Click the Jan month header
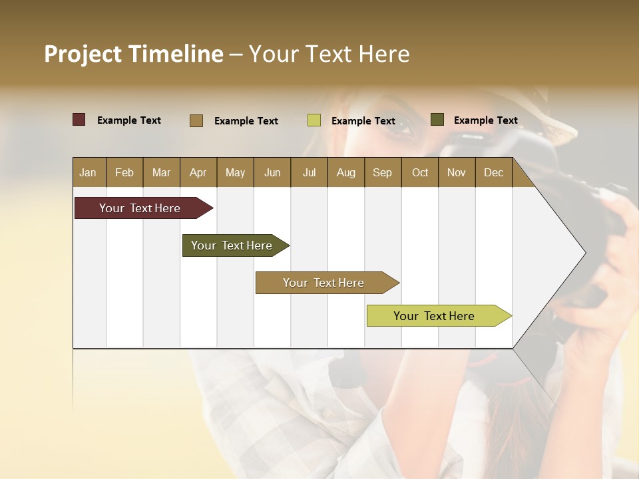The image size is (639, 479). pos(88,172)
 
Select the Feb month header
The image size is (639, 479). pos(124,172)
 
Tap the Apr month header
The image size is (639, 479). pos(198,172)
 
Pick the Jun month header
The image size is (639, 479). pos(272,172)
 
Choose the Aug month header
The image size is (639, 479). pos(345,172)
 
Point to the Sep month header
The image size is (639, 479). pos(382,172)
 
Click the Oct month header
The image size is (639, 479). pos(420,172)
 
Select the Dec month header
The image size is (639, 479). pos(493,172)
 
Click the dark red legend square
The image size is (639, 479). pos(79,120)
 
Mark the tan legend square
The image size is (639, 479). pos(196,120)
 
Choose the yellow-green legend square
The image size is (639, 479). pos(314,120)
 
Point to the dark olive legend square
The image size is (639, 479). pos(437,120)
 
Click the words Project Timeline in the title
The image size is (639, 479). pos(134,54)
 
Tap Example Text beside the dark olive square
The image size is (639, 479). pos(485,120)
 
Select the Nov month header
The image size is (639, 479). pos(457,172)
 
